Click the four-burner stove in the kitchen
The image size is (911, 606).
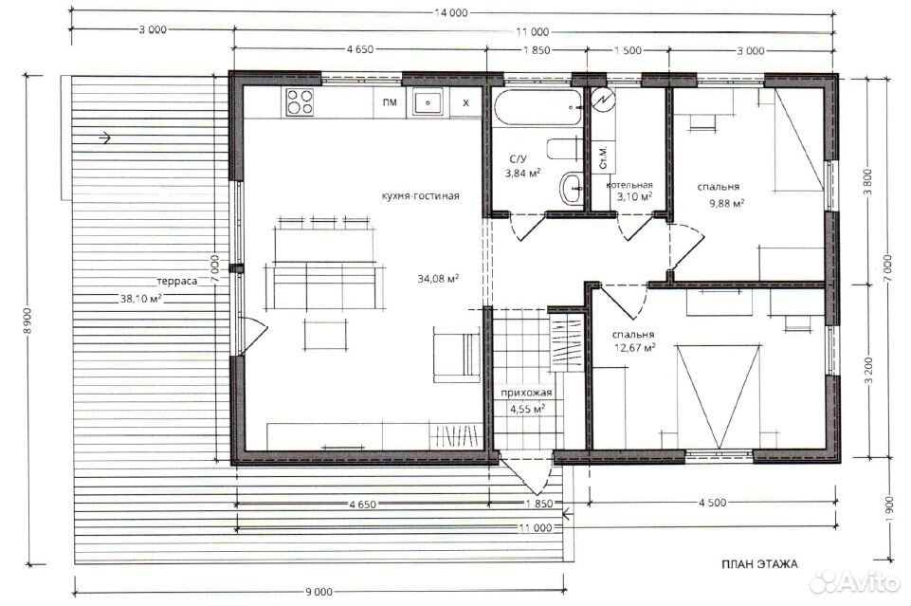point(300,101)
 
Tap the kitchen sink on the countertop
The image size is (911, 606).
point(428,102)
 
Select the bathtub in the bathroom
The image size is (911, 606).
point(537,107)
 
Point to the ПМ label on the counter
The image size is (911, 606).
point(390,102)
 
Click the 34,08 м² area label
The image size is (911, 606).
point(438,278)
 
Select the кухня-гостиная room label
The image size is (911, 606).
point(421,195)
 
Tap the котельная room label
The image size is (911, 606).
point(629,185)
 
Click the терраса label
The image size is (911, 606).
point(176,282)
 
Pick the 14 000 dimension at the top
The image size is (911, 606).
point(451,12)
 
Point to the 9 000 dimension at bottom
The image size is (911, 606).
point(319,592)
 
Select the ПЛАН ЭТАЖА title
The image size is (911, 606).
point(759,564)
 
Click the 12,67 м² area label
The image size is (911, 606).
point(634,348)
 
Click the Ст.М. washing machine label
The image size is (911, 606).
point(604,156)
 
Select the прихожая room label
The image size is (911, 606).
point(526,393)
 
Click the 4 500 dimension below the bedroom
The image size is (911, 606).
point(712,503)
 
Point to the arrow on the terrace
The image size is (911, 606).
point(104,138)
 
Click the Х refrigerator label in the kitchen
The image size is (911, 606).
point(465,103)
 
